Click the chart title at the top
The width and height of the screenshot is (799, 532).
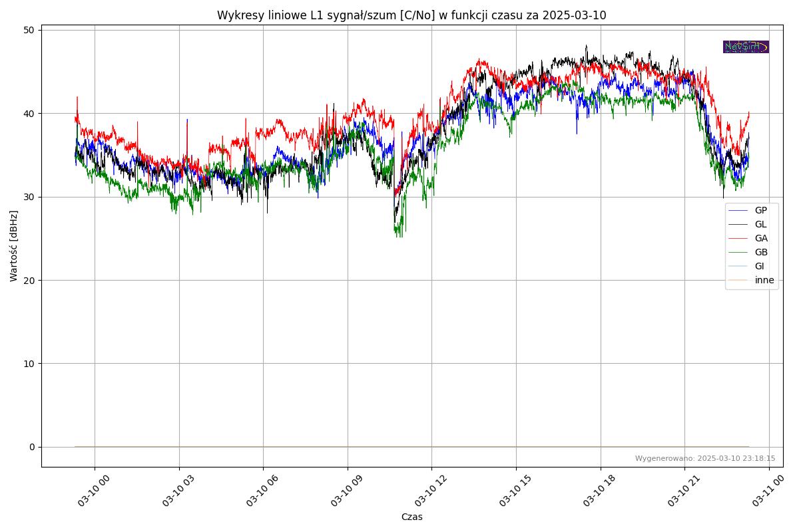[x=411, y=15]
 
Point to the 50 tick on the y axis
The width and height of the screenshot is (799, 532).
[x=30, y=30]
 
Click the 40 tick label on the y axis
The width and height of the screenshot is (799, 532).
[x=30, y=113]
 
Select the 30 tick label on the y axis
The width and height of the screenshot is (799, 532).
[x=30, y=197]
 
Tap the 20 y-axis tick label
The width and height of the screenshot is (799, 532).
[x=30, y=280]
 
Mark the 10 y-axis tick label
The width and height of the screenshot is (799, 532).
[x=30, y=363]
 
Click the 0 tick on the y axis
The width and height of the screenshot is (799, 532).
[x=32, y=447]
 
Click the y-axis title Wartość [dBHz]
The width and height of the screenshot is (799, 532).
[x=14, y=246]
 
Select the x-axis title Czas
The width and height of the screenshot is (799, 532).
[x=411, y=517]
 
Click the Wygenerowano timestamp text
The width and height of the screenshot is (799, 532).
[x=704, y=458]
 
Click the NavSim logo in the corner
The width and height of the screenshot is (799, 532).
[x=746, y=47]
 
